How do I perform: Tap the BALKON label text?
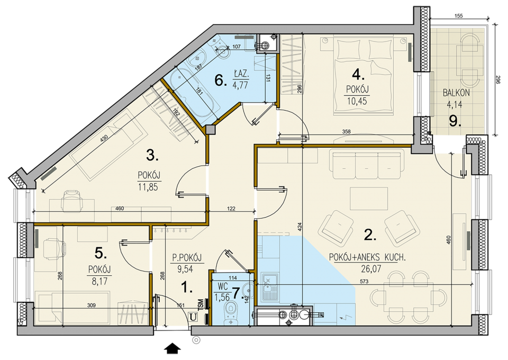(x=456, y=93)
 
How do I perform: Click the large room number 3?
(x=152, y=156)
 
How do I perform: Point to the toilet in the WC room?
(x=231, y=313)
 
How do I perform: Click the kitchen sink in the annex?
(x=268, y=287)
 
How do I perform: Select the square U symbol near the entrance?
(x=193, y=317)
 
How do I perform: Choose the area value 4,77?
(x=240, y=85)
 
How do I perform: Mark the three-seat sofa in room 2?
(x=367, y=165)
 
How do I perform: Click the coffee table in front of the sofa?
(x=369, y=199)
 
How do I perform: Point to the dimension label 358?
(x=346, y=131)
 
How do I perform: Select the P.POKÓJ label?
(x=186, y=258)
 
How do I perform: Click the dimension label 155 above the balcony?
(x=459, y=15)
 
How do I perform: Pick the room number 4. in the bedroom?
(x=358, y=76)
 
